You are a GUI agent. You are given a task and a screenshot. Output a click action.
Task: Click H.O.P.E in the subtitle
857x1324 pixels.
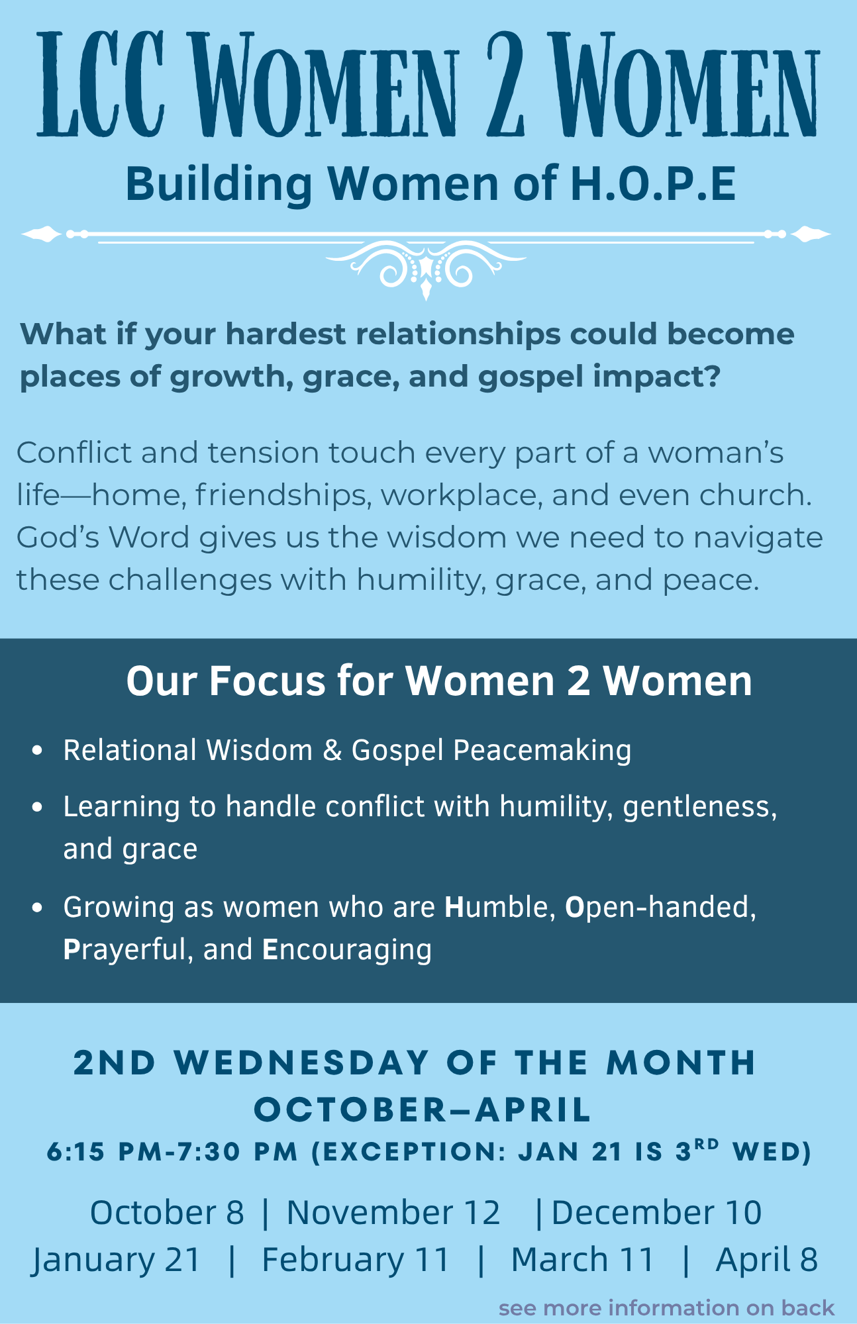click(x=654, y=183)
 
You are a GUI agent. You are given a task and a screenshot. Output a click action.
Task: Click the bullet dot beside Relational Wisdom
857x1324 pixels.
click(x=37, y=751)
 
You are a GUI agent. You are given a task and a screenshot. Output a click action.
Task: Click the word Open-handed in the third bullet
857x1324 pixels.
click(x=660, y=907)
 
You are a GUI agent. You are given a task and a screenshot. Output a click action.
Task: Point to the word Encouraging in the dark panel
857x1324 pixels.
click(x=347, y=950)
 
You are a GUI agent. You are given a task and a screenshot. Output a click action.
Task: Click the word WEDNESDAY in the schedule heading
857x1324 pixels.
click(x=302, y=1063)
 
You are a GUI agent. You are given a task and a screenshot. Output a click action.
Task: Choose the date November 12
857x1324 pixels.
click(x=393, y=1213)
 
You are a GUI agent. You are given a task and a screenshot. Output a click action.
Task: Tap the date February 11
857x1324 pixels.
click(x=356, y=1260)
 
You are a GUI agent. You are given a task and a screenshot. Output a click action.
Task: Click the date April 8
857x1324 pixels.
click(x=767, y=1260)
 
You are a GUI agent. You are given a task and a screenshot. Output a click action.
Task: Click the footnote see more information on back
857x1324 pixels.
click(x=666, y=1308)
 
